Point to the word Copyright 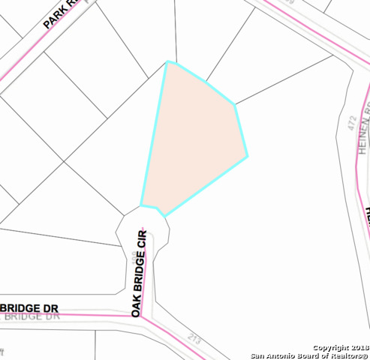click(330, 348)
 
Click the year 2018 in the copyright click(359, 348)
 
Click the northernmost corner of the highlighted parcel click(167, 61)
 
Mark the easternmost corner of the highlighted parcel click(247, 157)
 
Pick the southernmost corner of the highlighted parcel click(164, 215)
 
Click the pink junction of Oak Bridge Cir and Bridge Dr click(142, 316)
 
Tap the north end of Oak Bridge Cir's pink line click(149, 232)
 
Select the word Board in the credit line click(313, 356)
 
